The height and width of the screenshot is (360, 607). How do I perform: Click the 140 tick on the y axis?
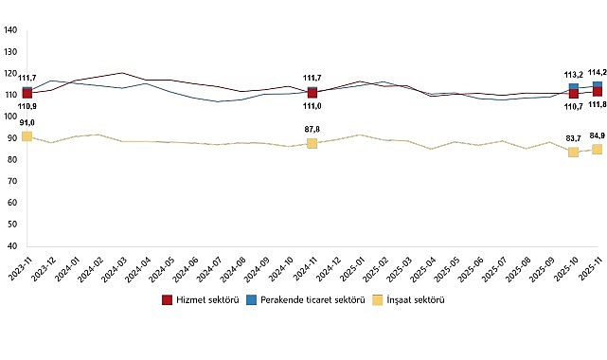(x=10, y=29)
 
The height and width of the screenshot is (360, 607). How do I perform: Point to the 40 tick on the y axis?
(x=12, y=245)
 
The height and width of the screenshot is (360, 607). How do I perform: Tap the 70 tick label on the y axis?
(x=12, y=181)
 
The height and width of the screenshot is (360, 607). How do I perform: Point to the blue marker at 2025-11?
(x=597, y=86)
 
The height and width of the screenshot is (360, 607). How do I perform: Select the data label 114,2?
(x=597, y=72)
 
